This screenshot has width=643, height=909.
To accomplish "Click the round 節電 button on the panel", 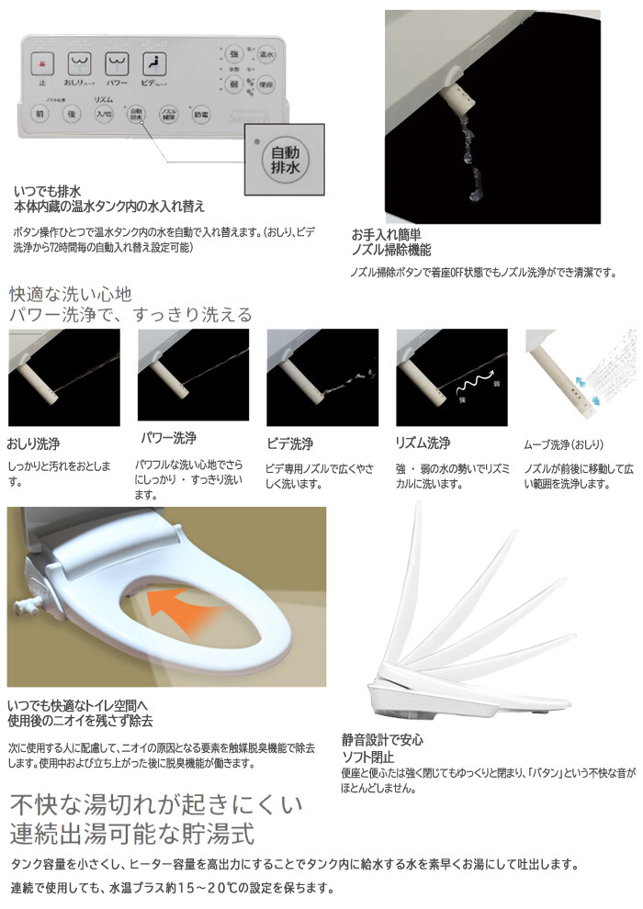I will [x=200, y=115].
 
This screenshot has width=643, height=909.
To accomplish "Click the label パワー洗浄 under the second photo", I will [x=167, y=438].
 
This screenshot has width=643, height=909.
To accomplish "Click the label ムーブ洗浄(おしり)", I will [x=563, y=445].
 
